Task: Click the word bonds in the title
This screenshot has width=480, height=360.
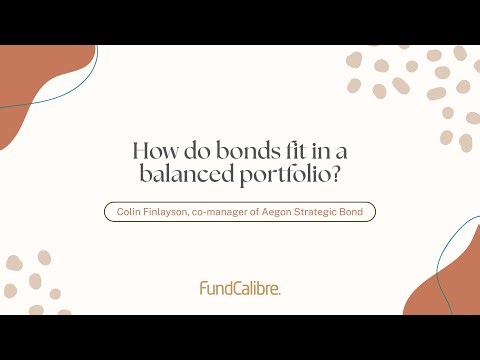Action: coord(224,152)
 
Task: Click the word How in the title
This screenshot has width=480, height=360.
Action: coord(153,152)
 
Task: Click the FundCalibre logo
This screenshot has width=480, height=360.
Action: coord(240,288)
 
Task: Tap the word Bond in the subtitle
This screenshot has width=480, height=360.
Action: coord(359,212)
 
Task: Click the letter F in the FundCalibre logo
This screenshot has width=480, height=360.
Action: coord(203,288)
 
